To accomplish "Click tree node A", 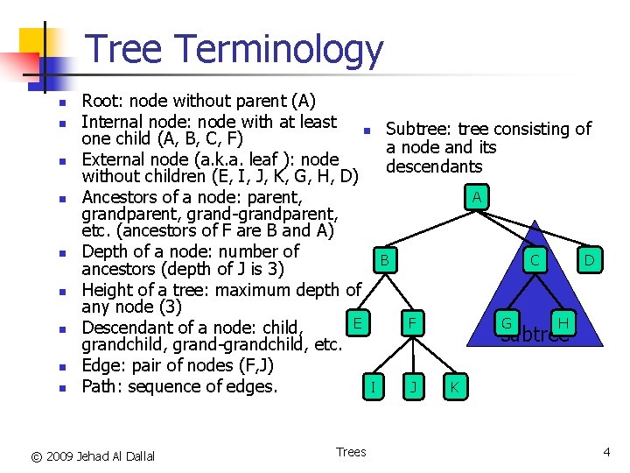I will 476,197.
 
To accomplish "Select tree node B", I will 383,260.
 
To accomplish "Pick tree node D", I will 590,260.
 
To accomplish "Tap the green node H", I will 563,323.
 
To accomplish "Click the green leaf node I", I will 374,385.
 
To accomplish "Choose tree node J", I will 411,385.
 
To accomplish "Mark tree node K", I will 453,385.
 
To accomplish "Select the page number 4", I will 605,452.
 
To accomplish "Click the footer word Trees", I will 351,452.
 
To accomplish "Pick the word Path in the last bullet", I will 100,386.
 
